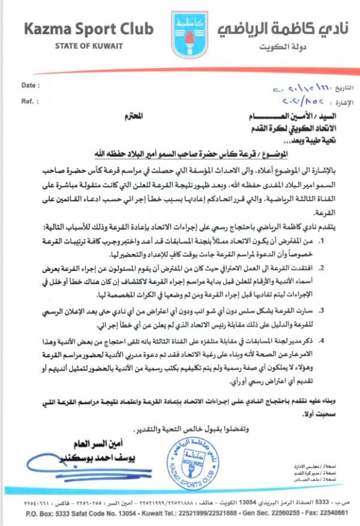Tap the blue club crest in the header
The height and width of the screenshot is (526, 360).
coord(180,32)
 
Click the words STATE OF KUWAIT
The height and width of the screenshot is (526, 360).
coord(88,46)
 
